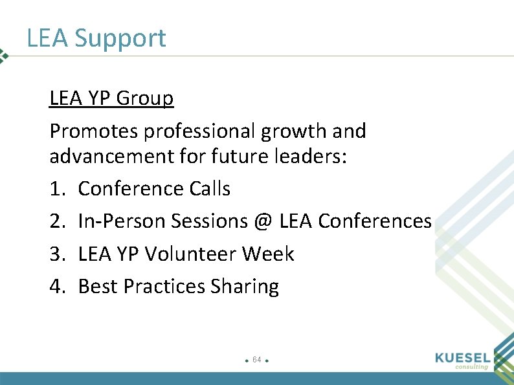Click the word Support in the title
click(x=120, y=39)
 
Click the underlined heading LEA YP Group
click(x=111, y=98)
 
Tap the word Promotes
click(x=94, y=131)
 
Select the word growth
click(x=295, y=131)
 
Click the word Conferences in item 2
click(x=375, y=221)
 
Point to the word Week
click(x=268, y=254)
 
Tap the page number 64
click(x=257, y=359)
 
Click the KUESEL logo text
click(x=464, y=357)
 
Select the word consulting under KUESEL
click(x=471, y=367)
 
